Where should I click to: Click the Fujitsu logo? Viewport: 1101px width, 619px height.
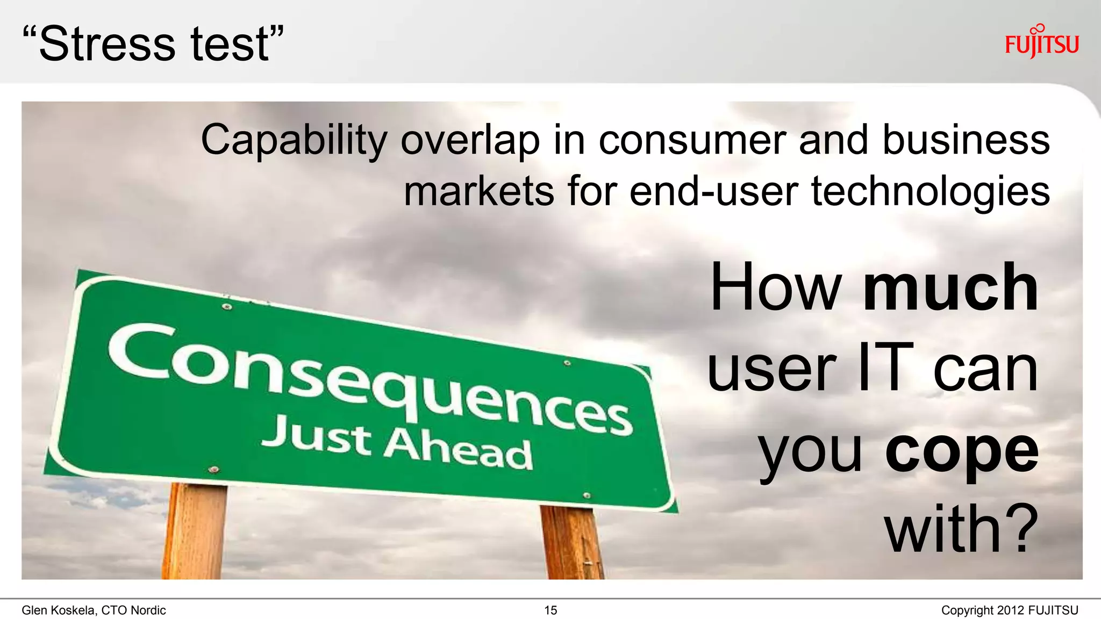[1041, 42]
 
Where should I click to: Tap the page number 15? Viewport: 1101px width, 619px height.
[550, 610]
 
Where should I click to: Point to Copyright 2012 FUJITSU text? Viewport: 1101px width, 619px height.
[1009, 610]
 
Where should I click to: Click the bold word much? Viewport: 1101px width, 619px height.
[950, 288]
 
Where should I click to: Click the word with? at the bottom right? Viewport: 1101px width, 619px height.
[961, 530]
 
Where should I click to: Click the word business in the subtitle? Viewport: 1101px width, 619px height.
[966, 140]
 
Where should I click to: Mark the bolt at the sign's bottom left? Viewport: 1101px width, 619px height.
[213, 470]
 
